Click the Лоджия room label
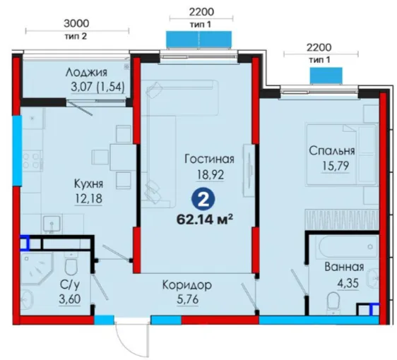click(86, 73)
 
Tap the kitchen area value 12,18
click(88, 198)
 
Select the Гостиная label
click(209, 159)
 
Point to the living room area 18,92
click(211, 175)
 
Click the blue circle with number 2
click(203, 201)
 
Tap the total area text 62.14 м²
click(205, 220)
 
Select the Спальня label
click(332, 151)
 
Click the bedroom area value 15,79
click(336, 166)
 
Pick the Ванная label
click(344, 267)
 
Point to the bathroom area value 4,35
click(348, 283)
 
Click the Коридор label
click(187, 285)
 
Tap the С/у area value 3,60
click(70, 299)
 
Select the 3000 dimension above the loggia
click(76, 23)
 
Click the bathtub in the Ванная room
click(349, 246)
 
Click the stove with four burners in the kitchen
click(32, 161)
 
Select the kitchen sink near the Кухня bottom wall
click(52, 224)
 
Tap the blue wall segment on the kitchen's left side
click(17, 151)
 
